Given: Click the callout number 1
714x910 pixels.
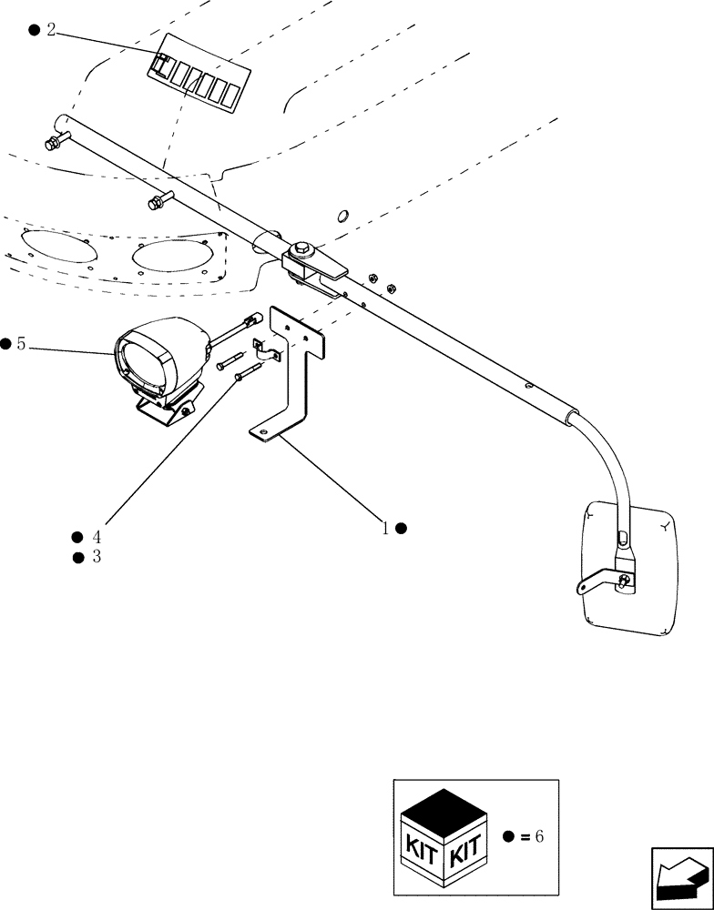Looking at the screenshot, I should (385, 528).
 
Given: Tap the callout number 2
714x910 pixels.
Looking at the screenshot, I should (51, 30).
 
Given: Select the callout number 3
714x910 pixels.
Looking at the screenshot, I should (96, 557).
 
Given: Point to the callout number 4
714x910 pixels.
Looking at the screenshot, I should (96, 537).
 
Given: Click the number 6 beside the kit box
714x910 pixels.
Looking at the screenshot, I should (538, 836).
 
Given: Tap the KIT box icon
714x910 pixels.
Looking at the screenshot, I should (444, 836).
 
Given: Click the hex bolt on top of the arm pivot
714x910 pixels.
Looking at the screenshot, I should (301, 248).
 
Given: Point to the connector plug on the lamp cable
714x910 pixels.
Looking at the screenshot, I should (252, 318).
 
